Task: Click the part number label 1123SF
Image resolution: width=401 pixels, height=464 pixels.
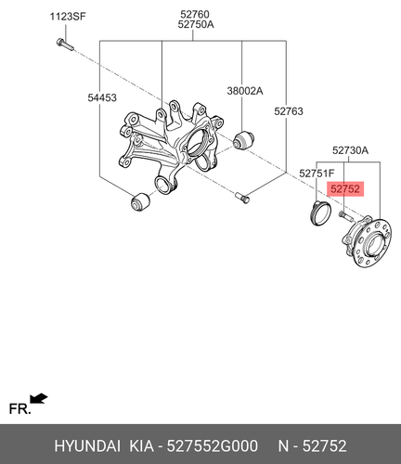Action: point(68,16)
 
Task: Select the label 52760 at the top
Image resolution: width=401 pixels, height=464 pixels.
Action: point(195,14)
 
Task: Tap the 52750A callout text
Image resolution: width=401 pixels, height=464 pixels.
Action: point(196,24)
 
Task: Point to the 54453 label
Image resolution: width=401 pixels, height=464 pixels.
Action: point(102,97)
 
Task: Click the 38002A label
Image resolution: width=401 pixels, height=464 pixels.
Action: point(245,91)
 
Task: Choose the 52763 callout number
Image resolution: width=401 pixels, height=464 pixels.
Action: point(289,111)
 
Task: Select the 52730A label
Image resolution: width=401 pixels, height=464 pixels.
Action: point(350,150)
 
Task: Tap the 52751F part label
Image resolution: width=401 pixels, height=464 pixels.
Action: point(317,174)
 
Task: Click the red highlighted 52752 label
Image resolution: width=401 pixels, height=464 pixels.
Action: point(345,188)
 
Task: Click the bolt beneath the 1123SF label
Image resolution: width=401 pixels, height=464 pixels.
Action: point(65,45)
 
